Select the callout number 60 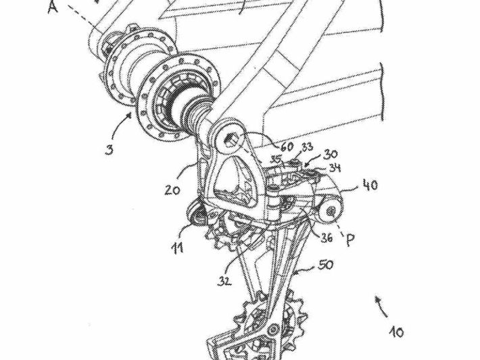coord(285,146)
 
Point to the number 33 coord(308,146)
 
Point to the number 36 coord(327,237)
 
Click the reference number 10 coord(396,332)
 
